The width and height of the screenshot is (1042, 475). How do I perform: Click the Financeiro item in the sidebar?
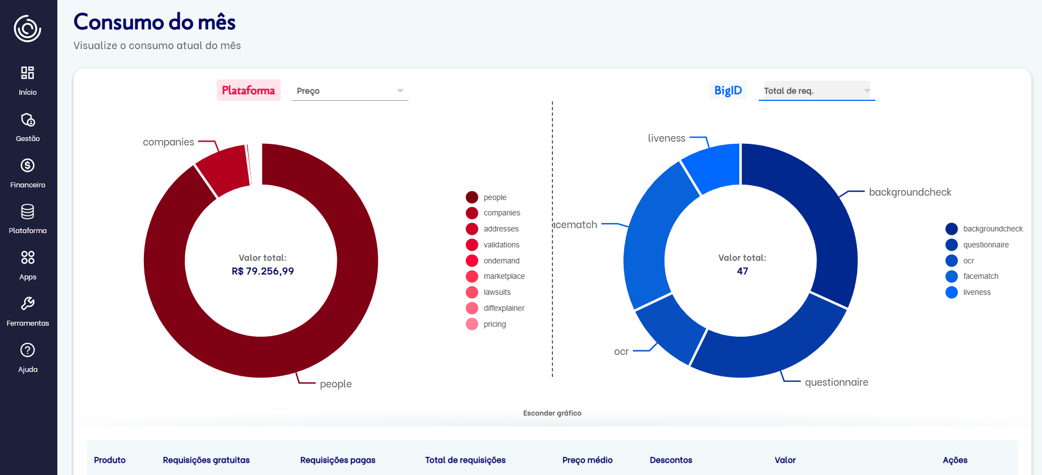[28, 173]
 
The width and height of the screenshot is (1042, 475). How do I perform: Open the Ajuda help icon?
[28, 350]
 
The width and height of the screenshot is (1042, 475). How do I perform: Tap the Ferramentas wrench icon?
[28, 304]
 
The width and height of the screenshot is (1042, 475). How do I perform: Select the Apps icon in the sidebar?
[28, 258]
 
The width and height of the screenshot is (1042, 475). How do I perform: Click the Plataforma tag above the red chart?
[248, 90]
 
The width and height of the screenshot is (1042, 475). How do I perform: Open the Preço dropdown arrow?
[400, 90]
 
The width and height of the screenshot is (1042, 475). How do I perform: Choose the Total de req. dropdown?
[816, 91]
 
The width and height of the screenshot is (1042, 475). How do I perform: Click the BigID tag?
[728, 90]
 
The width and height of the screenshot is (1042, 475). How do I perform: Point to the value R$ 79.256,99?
[262, 271]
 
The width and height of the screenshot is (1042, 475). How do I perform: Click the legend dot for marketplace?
[472, 277]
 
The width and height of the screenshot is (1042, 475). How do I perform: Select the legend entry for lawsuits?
[497, 293]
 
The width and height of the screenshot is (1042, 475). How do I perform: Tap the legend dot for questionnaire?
[952, 245]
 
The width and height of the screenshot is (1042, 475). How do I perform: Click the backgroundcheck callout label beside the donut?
[910, 192]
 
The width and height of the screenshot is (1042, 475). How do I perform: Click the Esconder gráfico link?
[552, 413]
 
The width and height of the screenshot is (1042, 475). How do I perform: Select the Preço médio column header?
[587, 460]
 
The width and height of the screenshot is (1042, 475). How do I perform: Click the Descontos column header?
[670, 460]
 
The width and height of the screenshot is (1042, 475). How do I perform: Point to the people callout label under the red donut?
[335, 384]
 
